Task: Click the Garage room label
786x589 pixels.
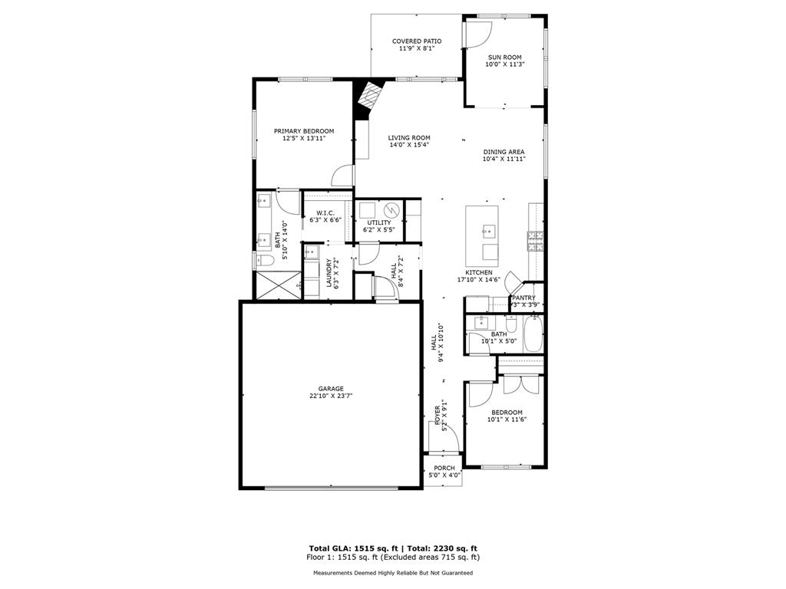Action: (332, 389)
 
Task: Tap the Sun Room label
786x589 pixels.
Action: (504, 57)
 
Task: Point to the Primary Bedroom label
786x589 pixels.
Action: (304, 131)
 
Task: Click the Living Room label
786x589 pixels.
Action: (408, 138)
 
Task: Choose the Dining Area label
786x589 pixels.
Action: (504, 152)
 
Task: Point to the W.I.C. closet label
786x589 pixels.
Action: (325, 213)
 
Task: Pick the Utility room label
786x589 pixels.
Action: (378, 222)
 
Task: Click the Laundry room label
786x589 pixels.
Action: (329, 272)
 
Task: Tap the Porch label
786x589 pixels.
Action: (444, 468)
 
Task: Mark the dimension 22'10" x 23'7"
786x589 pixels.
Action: (332, 396)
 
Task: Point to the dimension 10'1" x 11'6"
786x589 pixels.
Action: (507, 420)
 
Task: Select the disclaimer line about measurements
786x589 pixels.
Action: (392, 573)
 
